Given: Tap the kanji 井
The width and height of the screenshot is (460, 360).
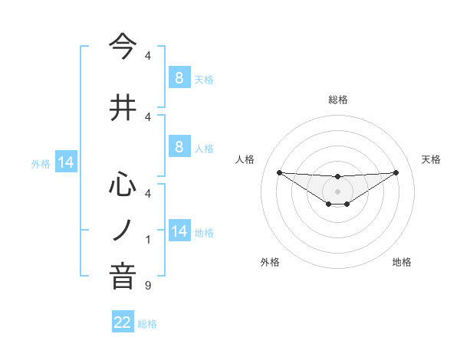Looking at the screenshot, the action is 123,109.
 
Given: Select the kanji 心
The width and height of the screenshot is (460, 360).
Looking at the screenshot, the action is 123,184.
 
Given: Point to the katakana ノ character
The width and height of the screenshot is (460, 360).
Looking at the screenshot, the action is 123,230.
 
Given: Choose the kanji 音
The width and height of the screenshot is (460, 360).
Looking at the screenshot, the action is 123,277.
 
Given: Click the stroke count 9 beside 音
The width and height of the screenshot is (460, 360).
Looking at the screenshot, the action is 148,286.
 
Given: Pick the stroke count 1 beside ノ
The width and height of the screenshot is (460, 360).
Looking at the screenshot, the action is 148,240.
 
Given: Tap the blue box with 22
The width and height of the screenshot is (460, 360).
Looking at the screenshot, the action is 123,322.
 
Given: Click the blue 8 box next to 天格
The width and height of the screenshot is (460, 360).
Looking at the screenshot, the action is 179,77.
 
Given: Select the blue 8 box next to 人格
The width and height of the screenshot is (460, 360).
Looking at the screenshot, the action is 179,148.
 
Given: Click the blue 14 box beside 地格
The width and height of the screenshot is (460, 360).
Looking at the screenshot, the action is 179,231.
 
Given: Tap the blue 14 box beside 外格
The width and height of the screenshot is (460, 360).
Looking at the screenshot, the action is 65,162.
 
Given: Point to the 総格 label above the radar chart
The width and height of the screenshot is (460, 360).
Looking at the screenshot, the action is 337,100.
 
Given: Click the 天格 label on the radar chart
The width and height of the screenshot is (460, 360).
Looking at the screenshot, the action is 432,159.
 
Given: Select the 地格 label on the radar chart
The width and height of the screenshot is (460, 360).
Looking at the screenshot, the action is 402,262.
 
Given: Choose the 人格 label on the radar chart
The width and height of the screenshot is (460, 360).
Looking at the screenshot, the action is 245,159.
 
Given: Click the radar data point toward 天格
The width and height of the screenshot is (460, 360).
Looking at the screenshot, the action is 396,172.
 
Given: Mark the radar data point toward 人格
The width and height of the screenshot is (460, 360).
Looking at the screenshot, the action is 279,172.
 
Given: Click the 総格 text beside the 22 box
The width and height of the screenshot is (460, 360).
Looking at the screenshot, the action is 147,323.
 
